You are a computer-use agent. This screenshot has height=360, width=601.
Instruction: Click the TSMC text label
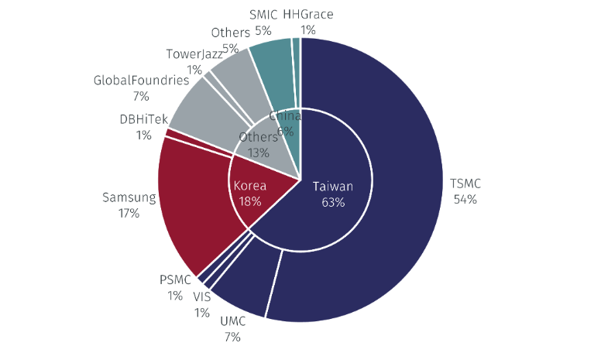pyautogui.click(x=465, y=184)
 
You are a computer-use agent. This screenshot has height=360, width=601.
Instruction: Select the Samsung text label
pyautogui.click(x=129, y=197)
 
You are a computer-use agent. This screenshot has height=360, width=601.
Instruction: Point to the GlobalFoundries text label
pyautogui.click(x=141, y=81)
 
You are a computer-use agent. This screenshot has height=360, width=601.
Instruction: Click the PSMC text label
pyautogui.click(x=174, y=279)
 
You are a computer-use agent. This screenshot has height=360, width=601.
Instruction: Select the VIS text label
pyautogui.click(x=202, y=297)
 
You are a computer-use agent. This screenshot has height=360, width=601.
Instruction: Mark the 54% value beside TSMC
pyautogui.click(x=465, y=200)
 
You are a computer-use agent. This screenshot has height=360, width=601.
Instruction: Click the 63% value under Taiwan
pyautogui.click(x=332, y=202)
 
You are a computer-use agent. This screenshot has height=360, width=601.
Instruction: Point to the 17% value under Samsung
pyautogui.click(x=129, y=213)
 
